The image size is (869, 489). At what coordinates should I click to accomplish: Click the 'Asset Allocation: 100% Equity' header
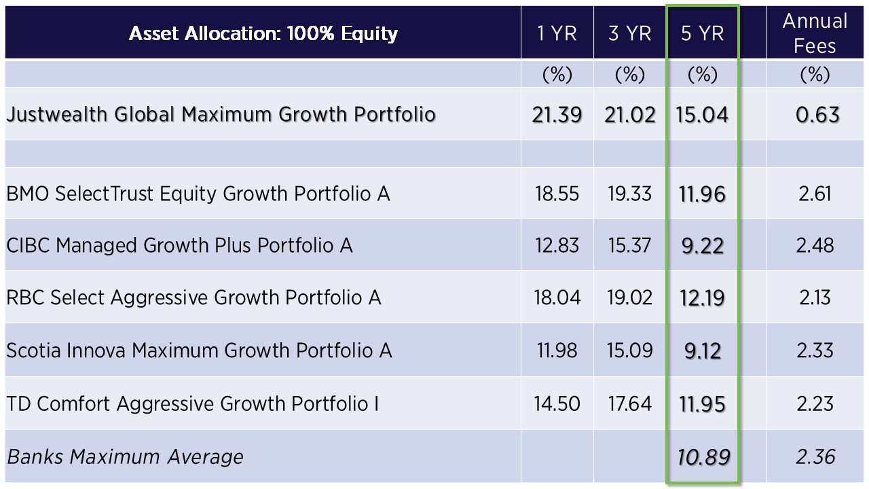click(263, 33)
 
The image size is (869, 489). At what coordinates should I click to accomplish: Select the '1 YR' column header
click(557, 33)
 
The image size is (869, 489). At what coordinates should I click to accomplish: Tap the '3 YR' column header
click(629, 33)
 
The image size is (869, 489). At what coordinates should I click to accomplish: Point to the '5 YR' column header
click(702, 33)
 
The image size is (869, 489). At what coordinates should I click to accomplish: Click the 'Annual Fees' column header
click(815, 33)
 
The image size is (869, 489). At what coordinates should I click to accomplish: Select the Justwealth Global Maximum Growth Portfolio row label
click(221, 113)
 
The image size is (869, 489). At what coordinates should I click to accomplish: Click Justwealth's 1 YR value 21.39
click(557, 115)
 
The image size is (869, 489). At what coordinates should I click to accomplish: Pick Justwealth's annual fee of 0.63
click(817, 115)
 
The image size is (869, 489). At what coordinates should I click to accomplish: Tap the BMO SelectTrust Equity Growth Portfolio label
click(198, 194)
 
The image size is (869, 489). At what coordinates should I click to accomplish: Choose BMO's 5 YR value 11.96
click(702, 194)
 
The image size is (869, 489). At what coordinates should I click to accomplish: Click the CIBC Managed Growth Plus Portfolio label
click(179, 245)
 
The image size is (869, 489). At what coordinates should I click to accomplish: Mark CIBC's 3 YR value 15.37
click(630, 245)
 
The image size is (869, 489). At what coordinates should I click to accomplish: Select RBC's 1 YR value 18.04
click(557, 297)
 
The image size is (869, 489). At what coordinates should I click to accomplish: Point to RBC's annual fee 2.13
click(815, 297)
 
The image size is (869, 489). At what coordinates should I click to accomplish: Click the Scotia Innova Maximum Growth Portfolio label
click(199, 350)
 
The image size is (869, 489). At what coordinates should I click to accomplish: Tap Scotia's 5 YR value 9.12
click(702, 350)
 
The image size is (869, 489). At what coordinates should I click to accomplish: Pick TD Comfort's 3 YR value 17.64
click(630, 403)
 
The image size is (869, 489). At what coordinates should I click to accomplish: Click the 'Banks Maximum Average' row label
click(125, 456)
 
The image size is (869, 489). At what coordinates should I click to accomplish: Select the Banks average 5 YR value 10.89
click(703, 456)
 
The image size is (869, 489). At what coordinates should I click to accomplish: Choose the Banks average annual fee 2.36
click(815, 456)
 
